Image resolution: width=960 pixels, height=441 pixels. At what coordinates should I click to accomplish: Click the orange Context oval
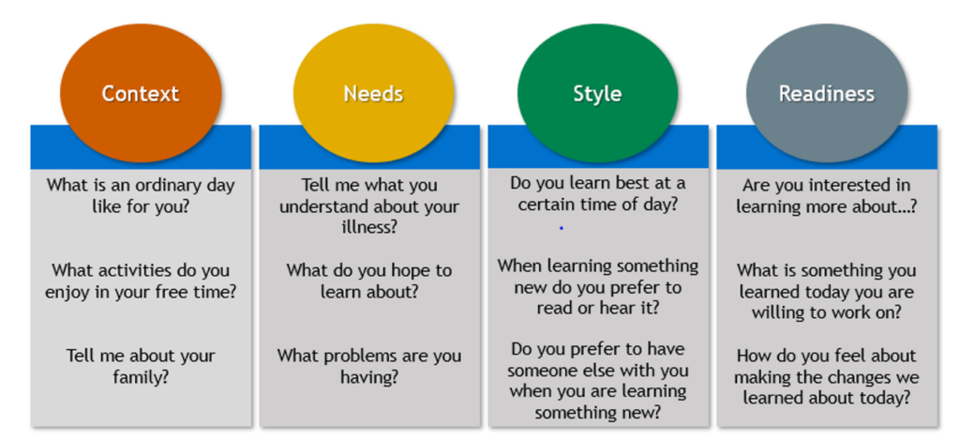point(141,94)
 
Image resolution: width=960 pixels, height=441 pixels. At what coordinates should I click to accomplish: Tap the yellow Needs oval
point(373,94)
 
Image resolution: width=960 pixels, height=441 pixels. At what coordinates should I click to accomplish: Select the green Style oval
point(597,94)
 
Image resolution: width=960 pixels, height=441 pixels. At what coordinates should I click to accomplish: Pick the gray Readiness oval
point(827,94)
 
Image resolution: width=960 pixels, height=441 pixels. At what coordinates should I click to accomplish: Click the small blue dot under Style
point(561,228)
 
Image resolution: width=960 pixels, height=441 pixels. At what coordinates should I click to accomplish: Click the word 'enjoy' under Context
point(69,292)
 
